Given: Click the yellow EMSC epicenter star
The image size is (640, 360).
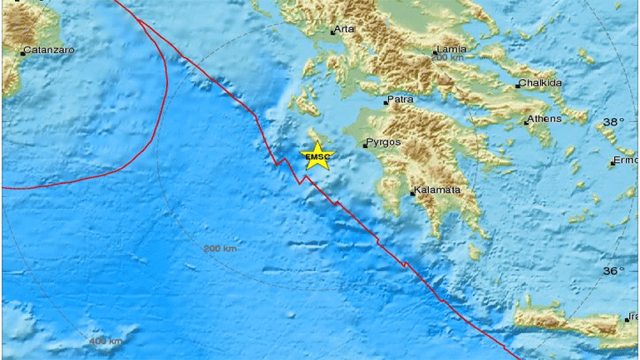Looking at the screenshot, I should [317, 156].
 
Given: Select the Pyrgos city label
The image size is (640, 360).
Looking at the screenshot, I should [385, 142].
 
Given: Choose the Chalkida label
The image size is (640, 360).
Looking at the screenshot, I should [541, 83].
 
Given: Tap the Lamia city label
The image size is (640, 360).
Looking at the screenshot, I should [450, 50].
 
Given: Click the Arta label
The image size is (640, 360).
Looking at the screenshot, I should [345, 30].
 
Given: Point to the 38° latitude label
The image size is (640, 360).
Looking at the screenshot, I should [613, 121].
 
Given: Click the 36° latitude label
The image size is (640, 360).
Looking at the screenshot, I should [613, 271].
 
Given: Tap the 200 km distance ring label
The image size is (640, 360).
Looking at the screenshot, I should [220, 249].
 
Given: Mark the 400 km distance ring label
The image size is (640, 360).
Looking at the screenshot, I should [106, 342].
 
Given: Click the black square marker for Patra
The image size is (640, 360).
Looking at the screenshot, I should [386, 102].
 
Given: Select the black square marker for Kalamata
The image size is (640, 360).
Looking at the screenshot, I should [413, 195].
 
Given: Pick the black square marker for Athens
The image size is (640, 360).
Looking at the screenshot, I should [527, 122].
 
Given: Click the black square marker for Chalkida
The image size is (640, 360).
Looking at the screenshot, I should [517, 86].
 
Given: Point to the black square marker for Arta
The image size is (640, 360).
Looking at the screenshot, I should [332, 32].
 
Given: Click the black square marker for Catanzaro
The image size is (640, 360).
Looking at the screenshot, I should [22, 53].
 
